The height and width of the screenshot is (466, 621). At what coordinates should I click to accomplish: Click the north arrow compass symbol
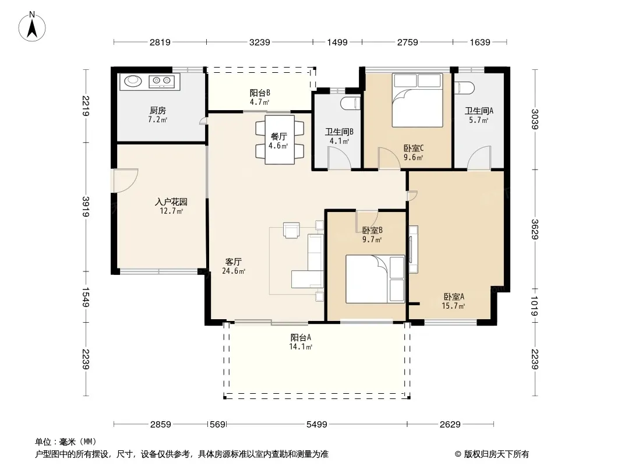pyautogui.click(x=32, y=26)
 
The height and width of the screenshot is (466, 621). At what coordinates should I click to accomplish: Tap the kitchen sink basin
pyautogui.click(x=133, y=81)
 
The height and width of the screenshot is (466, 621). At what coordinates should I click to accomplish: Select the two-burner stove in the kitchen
pyautogui.click(x=161, y=82)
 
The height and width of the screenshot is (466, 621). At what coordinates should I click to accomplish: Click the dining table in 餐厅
pyautogui.click(x=280, y=139)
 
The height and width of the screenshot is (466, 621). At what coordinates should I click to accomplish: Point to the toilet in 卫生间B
pyautogui.click(x=351, y=103)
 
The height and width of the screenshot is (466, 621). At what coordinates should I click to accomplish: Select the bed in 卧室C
pyautogui.click(x=418, y=100)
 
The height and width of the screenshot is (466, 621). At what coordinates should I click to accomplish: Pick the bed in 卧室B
pyautogui.click(x=375, y=279)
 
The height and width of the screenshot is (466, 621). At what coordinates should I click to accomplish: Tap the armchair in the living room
pyautogui.click(x=291, y=230)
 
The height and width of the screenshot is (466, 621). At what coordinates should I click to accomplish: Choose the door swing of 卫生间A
pyautogui.click(x=479, y=158)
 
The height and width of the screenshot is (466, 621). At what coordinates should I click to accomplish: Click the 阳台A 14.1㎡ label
pyautogui.click(x=301, y=342)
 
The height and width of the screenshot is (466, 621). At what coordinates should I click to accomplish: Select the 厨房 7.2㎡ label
pyautogui.click(x=158, y=115)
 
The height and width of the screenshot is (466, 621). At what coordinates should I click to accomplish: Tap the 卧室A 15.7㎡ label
pyautogui.click(x=453, y=301)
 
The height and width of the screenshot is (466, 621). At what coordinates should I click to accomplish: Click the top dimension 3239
pyautogui.click(x=259, y=42)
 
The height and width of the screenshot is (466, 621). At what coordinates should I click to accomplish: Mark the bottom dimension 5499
pyautogui.click(x=317, y=425)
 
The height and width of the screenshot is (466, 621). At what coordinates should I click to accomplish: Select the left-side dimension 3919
pyautogui.click(x=86, y=207)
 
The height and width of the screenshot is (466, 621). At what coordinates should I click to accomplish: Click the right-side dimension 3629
pyautogui.click(x=535, y=230)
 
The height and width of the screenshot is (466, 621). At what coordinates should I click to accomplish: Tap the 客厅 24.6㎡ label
pyautogui.click(x=234, y=266)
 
